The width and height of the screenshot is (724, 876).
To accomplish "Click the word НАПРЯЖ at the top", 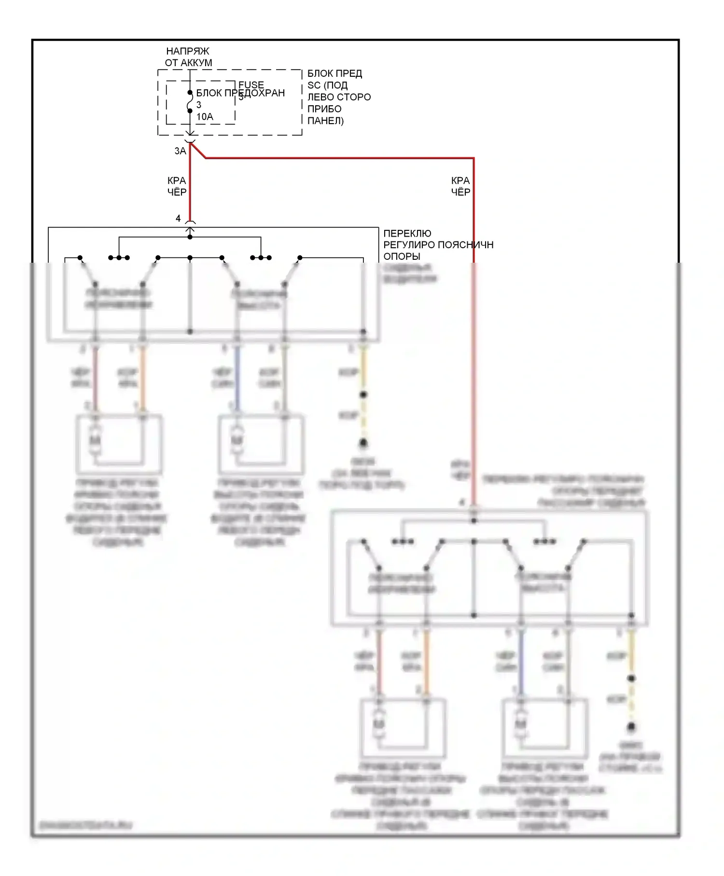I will [x=187, y=51].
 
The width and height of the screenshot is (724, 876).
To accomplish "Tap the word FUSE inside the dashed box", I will [x=251, y=85].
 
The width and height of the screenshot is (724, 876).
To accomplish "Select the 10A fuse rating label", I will [x=205, y=117].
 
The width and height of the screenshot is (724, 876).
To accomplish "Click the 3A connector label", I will [x=180, y=151].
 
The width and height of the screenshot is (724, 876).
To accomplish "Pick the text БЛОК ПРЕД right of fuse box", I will [x=334, y=73].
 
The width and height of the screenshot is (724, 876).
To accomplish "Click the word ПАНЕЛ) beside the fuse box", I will [x=325, y=121].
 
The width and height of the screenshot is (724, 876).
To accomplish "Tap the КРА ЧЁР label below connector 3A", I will [x=177, y=186].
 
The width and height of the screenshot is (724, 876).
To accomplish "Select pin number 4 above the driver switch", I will [x=178, y=219].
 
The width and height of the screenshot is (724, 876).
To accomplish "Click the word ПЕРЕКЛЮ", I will [x=407, y=233].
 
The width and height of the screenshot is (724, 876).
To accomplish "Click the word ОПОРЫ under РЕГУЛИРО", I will [x=402, y=256].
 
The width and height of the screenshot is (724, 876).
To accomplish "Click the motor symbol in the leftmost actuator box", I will [x=96, y=440].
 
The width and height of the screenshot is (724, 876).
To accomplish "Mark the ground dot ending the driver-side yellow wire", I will [x=363, y=443].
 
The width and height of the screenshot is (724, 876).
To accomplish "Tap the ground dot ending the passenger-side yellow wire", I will [x=631, y=727].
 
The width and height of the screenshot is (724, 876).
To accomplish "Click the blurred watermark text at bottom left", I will [x=86, y=825].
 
